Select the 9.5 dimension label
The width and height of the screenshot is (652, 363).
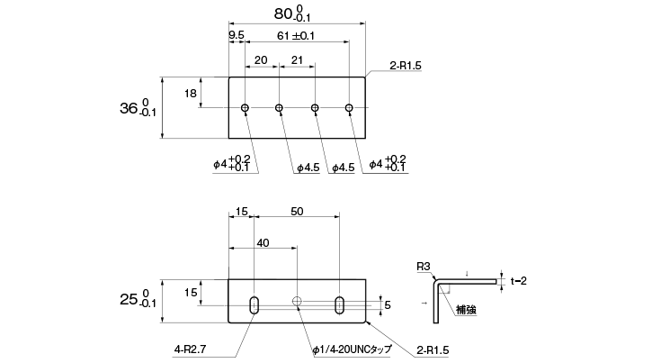tap(237, 35)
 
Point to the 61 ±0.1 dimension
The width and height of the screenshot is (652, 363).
tap(295, 35)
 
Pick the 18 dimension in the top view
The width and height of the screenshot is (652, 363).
tap(190, 93)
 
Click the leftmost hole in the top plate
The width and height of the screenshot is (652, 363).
tap(245, 108)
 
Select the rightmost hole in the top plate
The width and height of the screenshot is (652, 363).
tap(350, 108)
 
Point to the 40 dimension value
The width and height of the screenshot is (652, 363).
tap(263, 243)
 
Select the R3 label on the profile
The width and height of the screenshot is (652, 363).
tap(422, 267)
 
